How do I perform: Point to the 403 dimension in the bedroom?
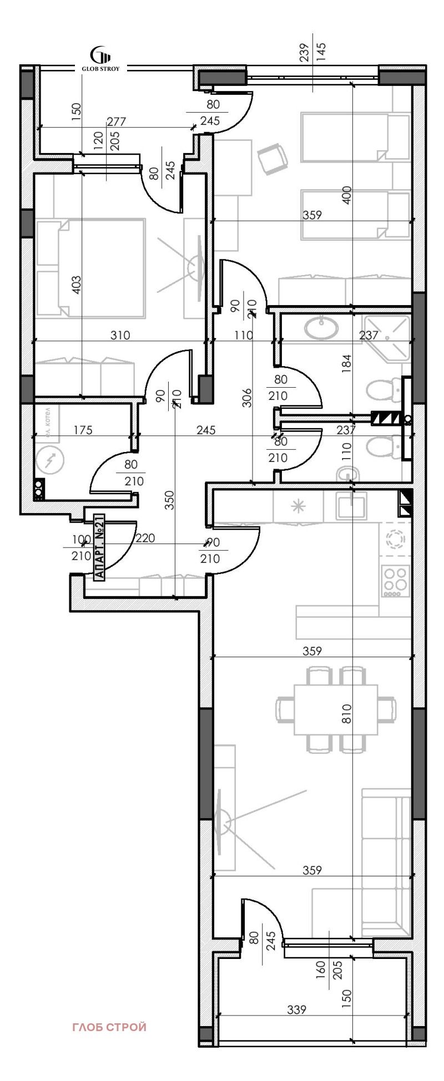pyautogui.click(x=77, y=285)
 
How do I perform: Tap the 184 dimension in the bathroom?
pyautogui.click(x=347, y=364)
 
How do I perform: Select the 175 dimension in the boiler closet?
pyautogui.click(x=82, y=430)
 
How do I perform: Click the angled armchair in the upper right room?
pyautogui.click(x=274, y=159)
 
